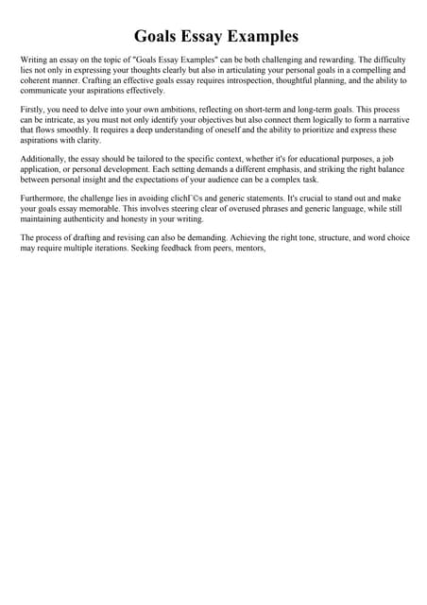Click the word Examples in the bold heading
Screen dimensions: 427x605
pyautogui.click(x=258, y=37)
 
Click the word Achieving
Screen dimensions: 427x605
pyautogui.click(x=246, y=238)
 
